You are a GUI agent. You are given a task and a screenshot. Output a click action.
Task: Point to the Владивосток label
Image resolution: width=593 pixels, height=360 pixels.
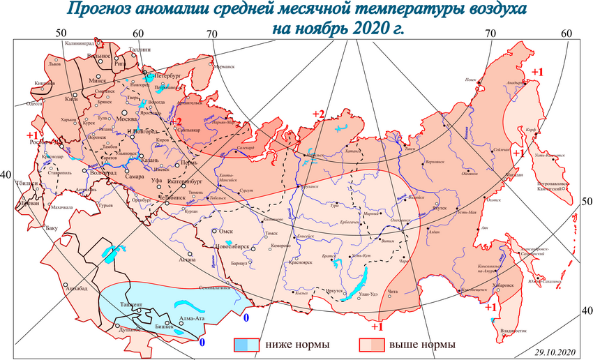point(511,331)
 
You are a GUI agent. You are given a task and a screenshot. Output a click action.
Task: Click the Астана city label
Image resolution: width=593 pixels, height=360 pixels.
point(187,259)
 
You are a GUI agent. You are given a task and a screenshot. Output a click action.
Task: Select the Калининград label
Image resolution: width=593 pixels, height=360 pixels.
point(78,43)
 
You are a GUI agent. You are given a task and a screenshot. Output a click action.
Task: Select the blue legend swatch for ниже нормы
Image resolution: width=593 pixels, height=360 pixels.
point(246,345)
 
